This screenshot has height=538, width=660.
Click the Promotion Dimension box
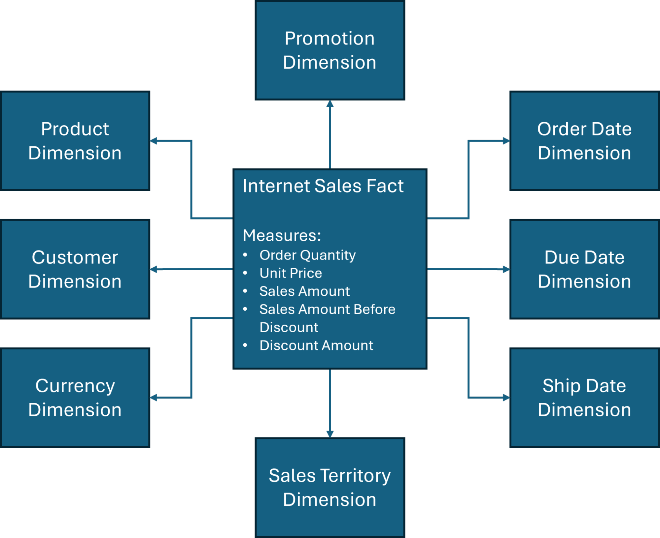click(330, 50)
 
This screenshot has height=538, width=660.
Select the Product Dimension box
click(75, 141)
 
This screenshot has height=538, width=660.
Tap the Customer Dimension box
click(75, 269)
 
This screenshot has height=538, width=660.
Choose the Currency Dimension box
click(75, 398)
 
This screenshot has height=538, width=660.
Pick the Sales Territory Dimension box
click(330, 487)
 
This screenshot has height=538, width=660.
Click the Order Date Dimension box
click(584, 141)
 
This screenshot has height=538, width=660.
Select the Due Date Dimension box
click(584, 269)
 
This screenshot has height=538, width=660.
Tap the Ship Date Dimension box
click(584, 398)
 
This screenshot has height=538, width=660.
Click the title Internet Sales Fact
click(323, 186)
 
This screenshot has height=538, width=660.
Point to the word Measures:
click(282, 235)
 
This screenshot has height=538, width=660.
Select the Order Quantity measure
click(307, 255)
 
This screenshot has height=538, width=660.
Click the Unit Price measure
click(291, 273)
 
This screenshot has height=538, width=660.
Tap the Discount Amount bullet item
click(316, 345)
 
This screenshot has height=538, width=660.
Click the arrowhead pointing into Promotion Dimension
click(330, 104)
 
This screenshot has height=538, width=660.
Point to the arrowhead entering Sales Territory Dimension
click(330, 434)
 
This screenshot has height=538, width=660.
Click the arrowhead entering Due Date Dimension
click(506, 269)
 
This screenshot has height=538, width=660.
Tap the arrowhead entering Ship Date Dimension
click(506, 398)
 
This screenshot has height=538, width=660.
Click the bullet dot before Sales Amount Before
click(245, 309)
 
